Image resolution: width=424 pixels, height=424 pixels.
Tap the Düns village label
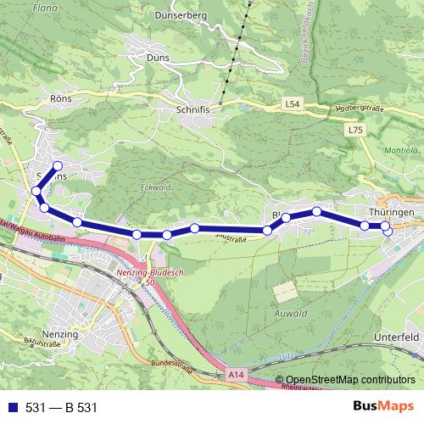(x=158, y=57)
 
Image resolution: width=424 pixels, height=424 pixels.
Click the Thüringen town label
(x=391, y=211)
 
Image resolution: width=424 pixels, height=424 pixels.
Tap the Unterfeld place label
(x=397, y=337)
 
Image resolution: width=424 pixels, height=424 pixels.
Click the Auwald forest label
(x=290, y=314)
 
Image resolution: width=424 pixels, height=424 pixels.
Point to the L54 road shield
(x=292, y=104)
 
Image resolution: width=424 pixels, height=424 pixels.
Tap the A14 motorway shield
(x=237, y=373)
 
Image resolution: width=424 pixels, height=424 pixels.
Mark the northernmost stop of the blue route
(x=58, y=165)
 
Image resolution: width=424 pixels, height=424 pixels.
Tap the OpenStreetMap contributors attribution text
(x=350, y=381)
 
